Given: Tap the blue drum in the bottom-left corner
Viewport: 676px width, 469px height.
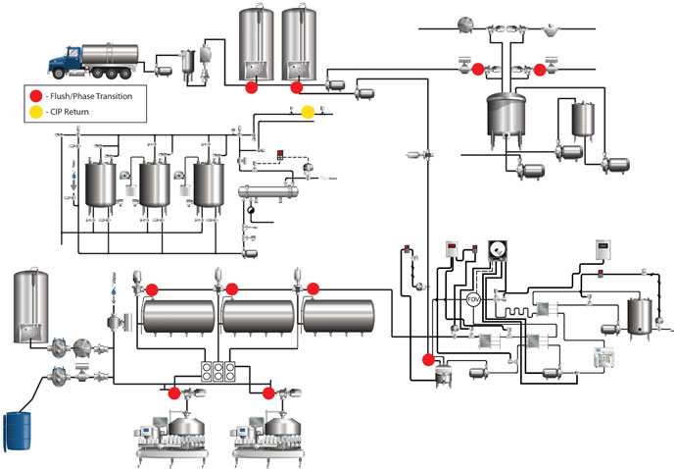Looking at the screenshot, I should pyautogui.click(x=17, y=430).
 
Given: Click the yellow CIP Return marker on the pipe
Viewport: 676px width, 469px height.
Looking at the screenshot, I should pyautogui.click(x=308, y=112).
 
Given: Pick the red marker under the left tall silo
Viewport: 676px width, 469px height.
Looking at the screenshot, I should pyautogui.click(x=251, y=87).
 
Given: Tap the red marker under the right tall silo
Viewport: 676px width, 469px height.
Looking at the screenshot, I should pyautogui.click(x=296, y=87).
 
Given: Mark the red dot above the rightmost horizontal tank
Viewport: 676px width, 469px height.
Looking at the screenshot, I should pyautogui.click(x=314, y=288).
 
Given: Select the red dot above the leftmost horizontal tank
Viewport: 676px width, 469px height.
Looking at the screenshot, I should pyautogui.click(x=153, y=289).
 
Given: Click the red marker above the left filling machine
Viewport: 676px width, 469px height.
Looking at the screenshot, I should pyautogui.click(x=174, y=393).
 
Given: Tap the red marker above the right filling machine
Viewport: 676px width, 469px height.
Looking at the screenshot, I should pyautogui.click(x=267, y=393).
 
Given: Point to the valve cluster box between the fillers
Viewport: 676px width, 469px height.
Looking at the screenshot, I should pyautogui.click(x=217, y=372).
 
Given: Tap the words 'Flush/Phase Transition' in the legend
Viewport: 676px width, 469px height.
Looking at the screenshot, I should pyautogui.click(x=95, y=96).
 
